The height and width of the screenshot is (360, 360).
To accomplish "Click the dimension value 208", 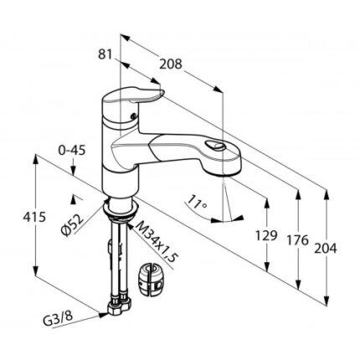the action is [171, 64].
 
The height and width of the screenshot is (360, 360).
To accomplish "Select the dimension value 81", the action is [105, 54].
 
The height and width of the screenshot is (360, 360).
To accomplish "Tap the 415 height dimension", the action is [34, 217].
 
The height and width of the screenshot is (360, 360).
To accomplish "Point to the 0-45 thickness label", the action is [71, 151].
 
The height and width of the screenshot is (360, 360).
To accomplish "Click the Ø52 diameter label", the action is [72, 226].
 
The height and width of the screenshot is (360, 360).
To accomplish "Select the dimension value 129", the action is [266, 236].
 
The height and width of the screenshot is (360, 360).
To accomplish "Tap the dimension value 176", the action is [298, 240].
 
